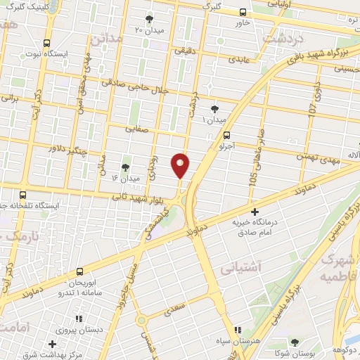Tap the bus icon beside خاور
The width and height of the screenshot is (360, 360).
[243, 12]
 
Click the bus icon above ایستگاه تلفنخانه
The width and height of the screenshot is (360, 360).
[23, 195]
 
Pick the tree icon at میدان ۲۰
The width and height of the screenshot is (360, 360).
[148, 19]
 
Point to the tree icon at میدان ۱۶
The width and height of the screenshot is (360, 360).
[125, 167]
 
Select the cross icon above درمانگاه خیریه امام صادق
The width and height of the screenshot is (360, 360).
[255, 210]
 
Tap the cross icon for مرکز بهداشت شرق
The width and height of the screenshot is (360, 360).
[53, 344]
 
